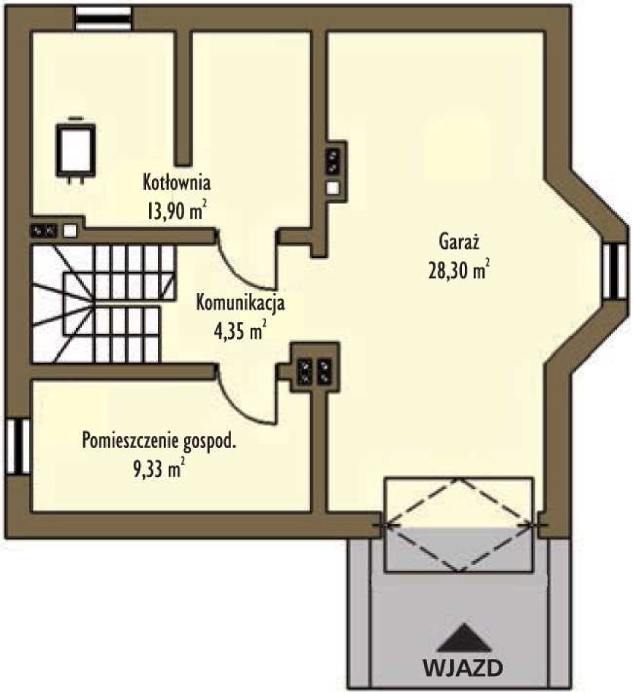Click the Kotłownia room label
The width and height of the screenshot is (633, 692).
click(177, 180)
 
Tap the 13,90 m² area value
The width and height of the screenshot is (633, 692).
click(176, 211)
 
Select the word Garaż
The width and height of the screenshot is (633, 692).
click(458, 240)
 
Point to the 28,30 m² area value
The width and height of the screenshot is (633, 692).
click(458, 271)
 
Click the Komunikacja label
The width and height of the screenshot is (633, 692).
click(240, 302)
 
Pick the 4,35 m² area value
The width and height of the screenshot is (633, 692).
click(238, 332)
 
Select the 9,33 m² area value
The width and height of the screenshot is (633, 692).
click(158, 470)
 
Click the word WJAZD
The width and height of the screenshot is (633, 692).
click(463, 667)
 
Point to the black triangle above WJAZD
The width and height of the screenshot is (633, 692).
click(463, 638)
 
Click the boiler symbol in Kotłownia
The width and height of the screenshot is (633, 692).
click(76, 149)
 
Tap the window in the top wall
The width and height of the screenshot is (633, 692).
click(103, 18)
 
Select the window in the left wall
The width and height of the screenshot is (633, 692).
click(17, 446)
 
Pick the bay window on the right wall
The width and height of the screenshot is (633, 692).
click(615, 270)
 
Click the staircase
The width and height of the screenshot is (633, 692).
click(102, 303)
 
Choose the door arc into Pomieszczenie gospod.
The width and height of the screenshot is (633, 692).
click(246, 400)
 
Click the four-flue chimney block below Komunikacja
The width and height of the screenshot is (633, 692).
click(314, 370)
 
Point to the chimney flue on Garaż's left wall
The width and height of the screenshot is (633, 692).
click(334, 167)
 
